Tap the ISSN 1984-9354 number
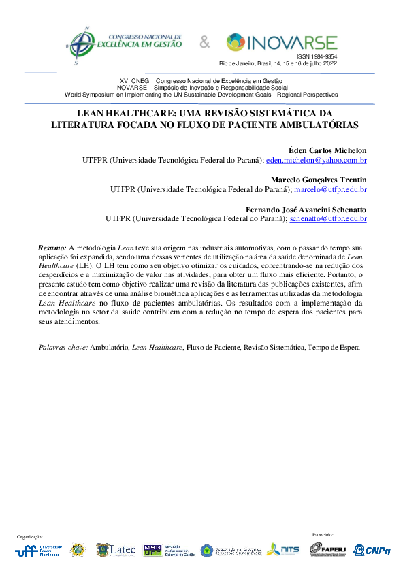tap(317, 56)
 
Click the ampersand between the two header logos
tap(205, 44)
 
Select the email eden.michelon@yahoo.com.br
tap(317, 161)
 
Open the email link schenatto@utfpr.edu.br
tap(328, 219)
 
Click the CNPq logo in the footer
tap(377, 550)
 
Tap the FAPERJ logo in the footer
tap(334, 549)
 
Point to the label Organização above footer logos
tap(29, 536)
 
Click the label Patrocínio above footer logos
tap(322, 535)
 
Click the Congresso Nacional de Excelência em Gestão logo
tap(123, 44)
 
